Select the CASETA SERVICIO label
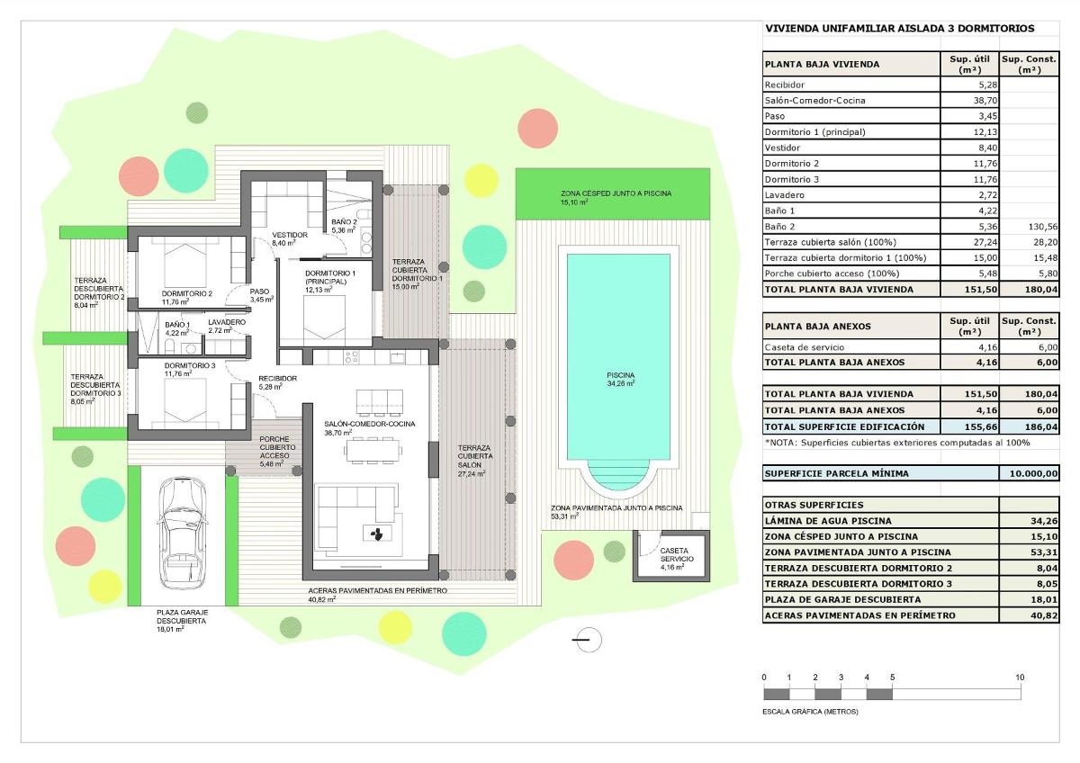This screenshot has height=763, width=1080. tap(675, 553)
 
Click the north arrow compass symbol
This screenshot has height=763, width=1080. tap(587, 640)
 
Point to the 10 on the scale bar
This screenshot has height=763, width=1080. tap(1020, 677)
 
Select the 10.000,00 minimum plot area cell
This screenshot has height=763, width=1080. tap(1030, 473)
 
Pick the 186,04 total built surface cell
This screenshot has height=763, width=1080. tap(1030, 426)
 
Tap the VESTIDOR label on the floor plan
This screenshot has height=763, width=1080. tap(290, 235)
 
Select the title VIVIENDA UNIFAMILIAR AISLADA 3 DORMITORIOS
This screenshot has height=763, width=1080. tap(899, 29)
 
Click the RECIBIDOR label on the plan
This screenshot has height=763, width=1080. tap(277, 379)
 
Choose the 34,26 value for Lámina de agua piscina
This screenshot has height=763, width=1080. tap(1030, 520)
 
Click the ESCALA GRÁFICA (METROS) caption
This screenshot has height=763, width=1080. tap(810, 712)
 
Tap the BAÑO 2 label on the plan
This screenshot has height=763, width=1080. tap(344, 221)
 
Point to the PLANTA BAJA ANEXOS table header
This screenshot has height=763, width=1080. tap(817, 326)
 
